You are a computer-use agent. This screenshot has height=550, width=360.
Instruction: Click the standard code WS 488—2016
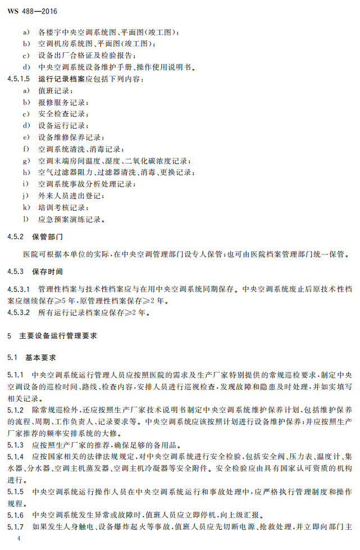33,11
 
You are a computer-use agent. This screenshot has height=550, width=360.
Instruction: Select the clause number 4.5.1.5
19,79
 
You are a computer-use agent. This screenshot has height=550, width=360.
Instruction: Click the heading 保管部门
48,237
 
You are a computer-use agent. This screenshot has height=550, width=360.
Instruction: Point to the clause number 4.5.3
16,272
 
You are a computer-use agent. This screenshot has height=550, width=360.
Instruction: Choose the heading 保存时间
48,272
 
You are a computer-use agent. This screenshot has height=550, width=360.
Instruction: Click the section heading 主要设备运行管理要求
58,335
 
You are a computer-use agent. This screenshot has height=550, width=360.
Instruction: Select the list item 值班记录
55,90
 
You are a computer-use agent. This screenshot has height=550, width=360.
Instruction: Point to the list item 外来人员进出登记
70,196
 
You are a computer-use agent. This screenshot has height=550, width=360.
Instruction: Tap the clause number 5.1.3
16,444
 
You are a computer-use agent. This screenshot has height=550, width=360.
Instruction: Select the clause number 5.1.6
16,515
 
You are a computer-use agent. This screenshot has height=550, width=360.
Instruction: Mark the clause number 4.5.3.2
19,312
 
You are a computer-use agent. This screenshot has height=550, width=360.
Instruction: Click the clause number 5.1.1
16,374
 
